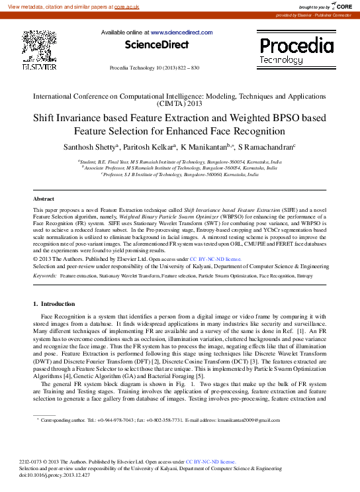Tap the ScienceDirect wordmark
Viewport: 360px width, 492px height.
[156, 44]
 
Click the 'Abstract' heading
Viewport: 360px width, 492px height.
[44, 199]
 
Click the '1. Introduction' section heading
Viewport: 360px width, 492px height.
[54, 304]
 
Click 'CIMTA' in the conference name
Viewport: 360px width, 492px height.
[169, 104]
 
